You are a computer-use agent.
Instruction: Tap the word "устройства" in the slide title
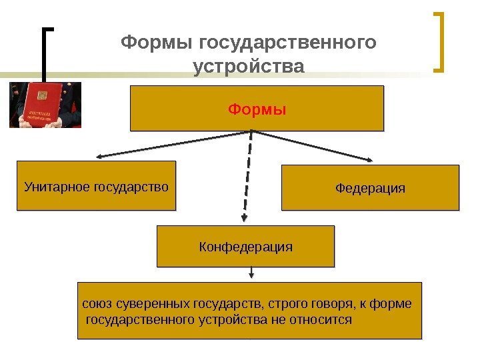(x=247, y=67)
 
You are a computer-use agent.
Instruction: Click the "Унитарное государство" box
(x=96, y=185)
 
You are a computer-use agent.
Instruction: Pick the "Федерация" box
(x=371, y=188)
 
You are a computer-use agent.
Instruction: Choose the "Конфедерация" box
(x=245, y=246)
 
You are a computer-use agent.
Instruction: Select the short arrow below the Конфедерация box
(x=251, y=273)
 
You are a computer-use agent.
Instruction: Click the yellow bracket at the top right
(x=440, y=41)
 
